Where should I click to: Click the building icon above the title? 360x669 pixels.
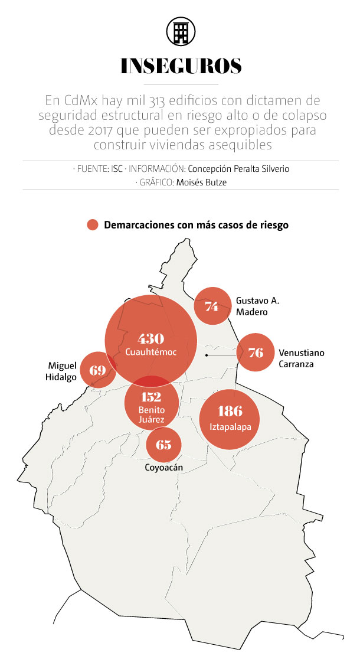pos(181,31)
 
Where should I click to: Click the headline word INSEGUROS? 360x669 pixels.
pos(181,67)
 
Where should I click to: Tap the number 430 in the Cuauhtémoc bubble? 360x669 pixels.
pos(150,339)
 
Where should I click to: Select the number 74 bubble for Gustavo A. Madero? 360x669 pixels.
pos(212,306)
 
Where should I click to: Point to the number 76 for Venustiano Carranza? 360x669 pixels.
pos(256,353)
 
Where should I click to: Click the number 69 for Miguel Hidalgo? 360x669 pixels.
pos(97,371)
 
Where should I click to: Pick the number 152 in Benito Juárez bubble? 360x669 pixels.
pos(151,397)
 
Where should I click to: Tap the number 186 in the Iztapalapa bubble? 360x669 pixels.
pos(230,411)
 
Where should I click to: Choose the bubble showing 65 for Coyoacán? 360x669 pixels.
pos(163,443)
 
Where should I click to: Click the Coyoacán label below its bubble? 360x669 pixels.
pos(163,468)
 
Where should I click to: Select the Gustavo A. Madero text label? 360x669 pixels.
pos(257,306)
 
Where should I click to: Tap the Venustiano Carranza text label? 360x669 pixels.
pos(302,358)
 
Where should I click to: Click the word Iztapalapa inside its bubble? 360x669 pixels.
pos(230,426)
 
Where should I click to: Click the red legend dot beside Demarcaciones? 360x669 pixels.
pos(92,225)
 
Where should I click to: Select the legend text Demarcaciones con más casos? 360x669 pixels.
pos(196,225)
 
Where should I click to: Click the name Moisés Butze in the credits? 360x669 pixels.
pos(201,182)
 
